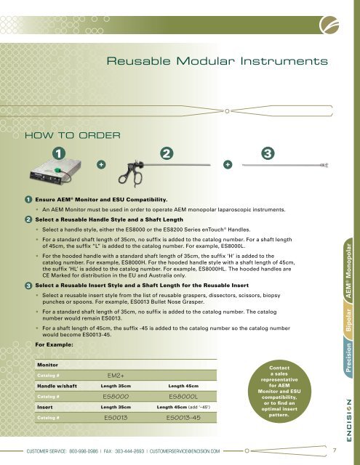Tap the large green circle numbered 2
167,154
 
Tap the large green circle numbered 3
268,154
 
